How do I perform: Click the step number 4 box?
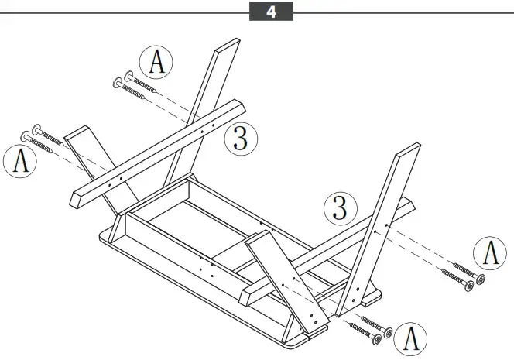click(271, 12)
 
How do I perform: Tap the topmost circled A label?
click(156, 63)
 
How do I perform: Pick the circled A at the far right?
click(491, 253)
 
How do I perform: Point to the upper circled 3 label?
click(240, 139)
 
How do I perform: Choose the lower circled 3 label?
click(339, 207)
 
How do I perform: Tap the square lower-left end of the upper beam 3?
click(77, 199)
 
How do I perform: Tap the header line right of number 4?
click(403, 12)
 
